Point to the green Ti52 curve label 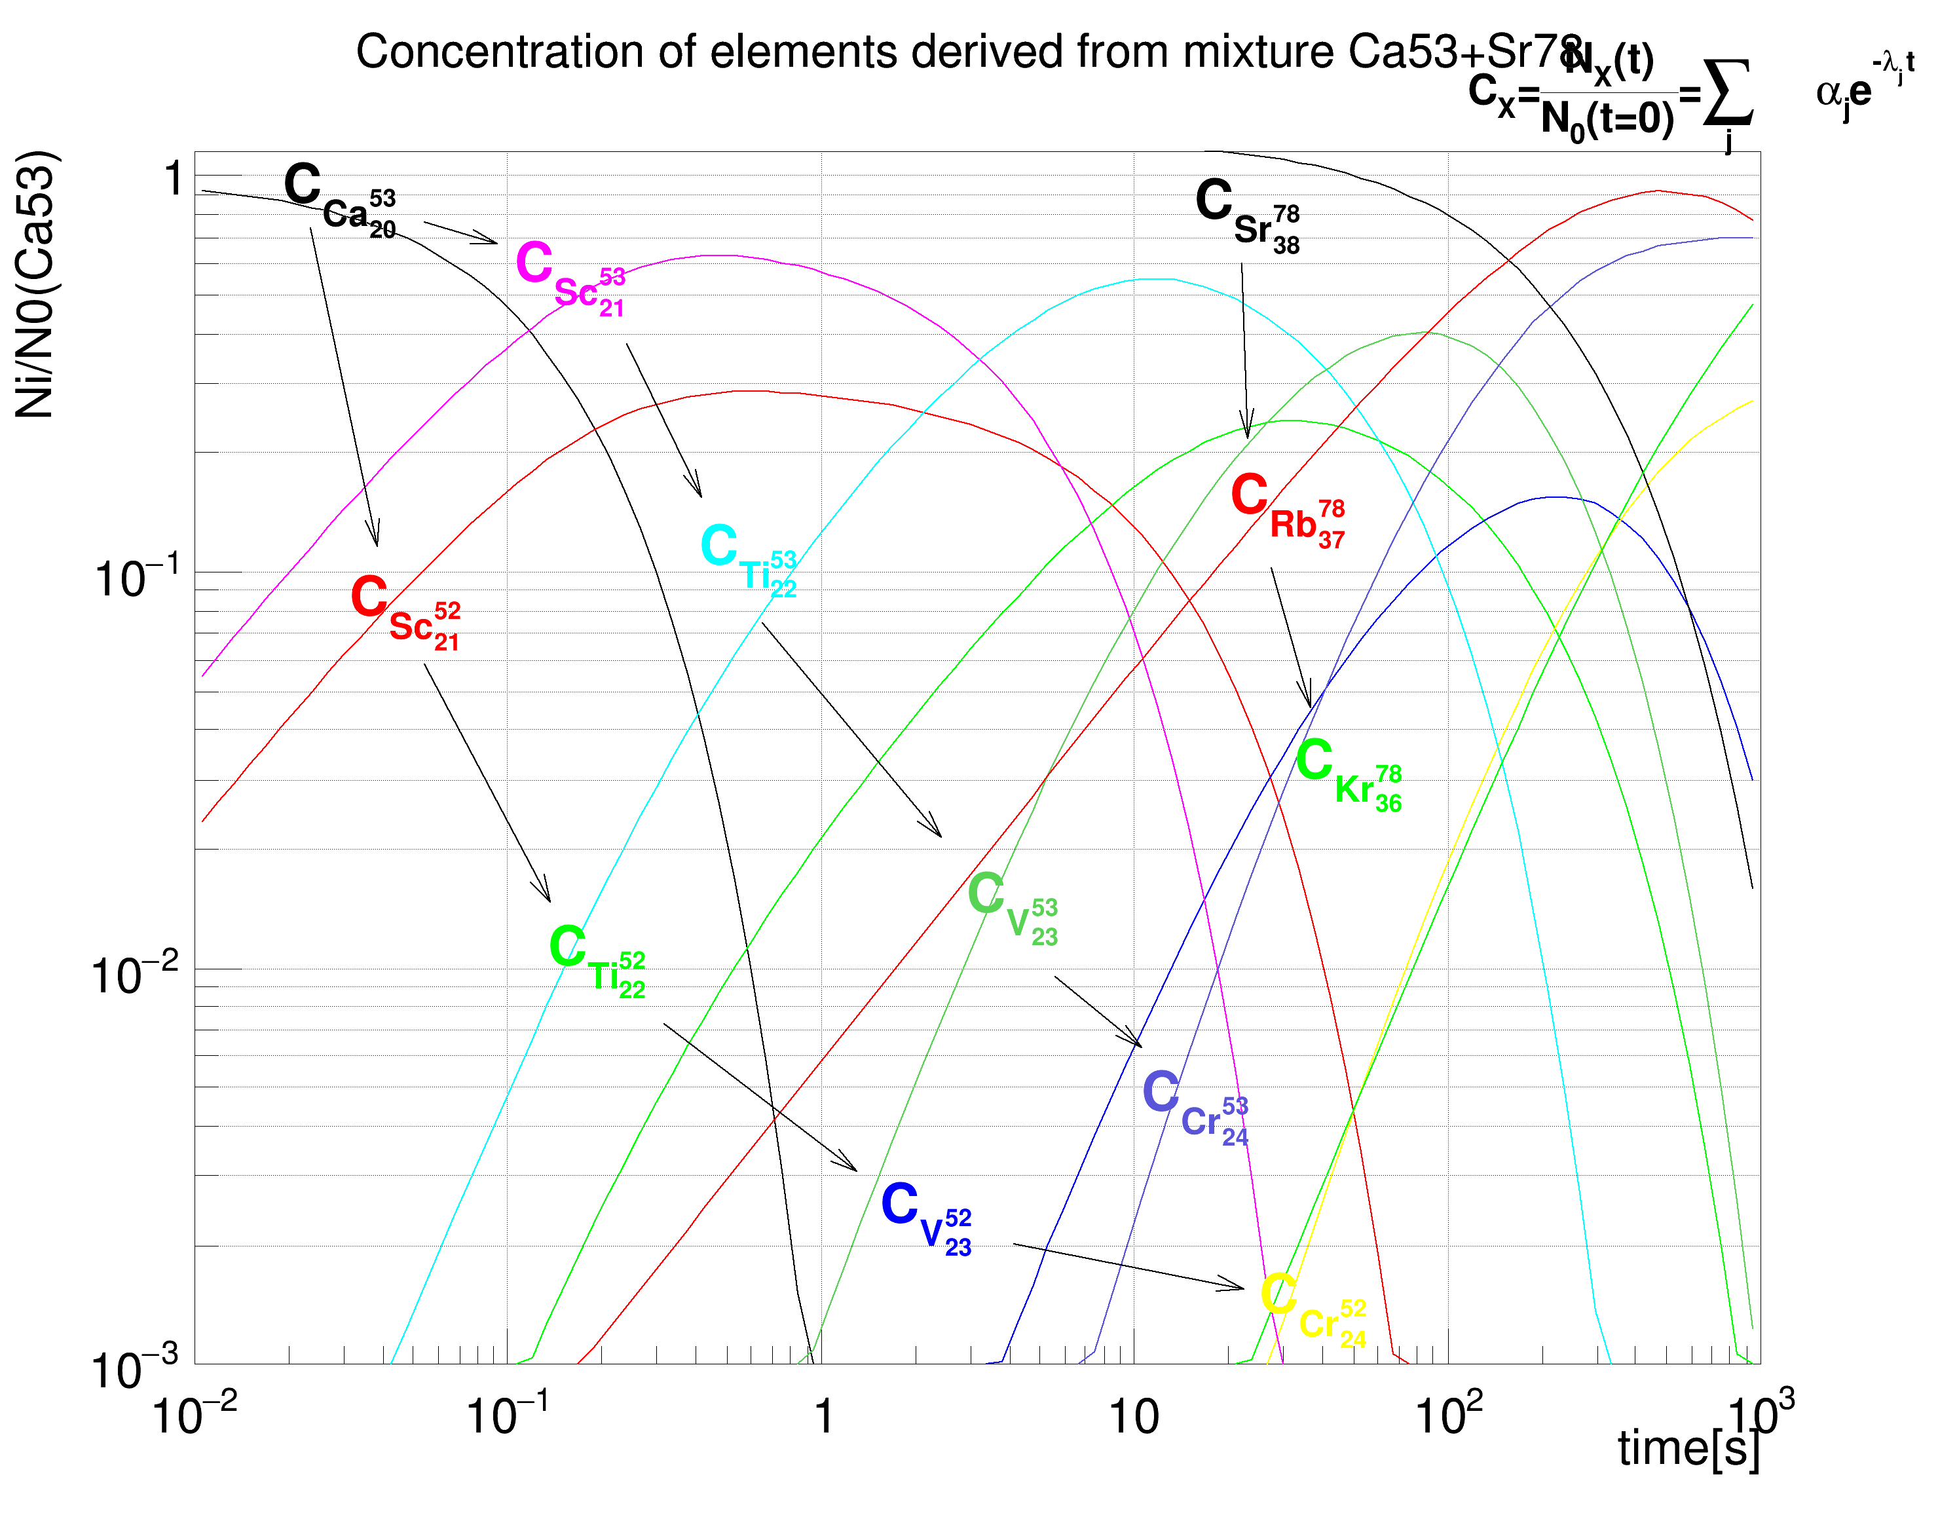[597, 960]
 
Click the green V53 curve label [1013, 907]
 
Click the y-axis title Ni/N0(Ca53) [36, 285]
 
